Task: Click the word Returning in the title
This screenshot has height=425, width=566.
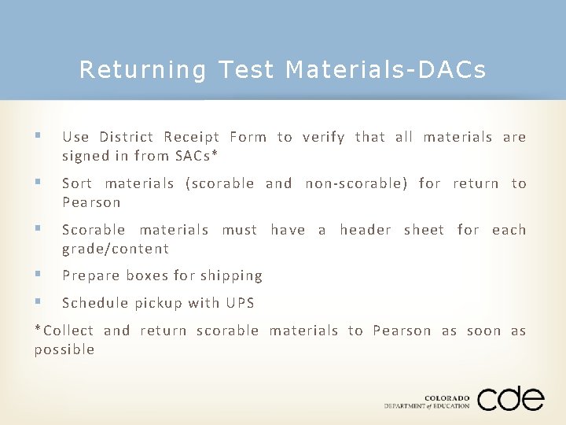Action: [142, 71]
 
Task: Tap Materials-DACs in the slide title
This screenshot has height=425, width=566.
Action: [386, 71]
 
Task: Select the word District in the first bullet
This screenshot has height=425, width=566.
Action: [127, 137]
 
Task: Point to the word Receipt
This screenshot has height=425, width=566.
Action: [191, 137]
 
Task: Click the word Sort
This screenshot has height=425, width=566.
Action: [77, 183]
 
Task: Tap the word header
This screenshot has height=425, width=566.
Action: [366, 230]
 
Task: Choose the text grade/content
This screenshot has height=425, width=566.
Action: [116, 249]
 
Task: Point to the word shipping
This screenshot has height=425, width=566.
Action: [231, 276]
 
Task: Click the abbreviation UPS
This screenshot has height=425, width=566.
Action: [240, 303]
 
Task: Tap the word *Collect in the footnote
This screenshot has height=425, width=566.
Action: [64, 331]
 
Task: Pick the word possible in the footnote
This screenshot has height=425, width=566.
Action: [64, 349]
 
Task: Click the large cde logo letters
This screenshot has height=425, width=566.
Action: [510, 398]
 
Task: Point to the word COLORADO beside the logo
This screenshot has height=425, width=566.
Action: [447, 397]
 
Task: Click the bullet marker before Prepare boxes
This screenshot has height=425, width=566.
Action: [39, 275]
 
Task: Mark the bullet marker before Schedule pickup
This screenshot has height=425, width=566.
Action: [39, 303]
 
